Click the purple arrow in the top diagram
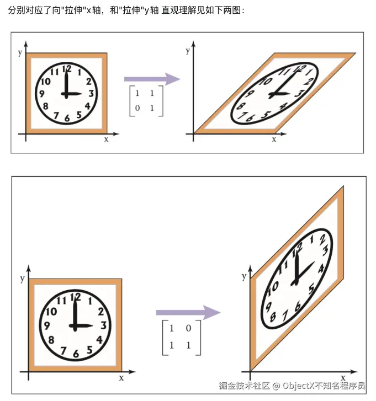[152, 79]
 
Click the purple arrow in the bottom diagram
[188, 312]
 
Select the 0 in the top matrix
[137, 108]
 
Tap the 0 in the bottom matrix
[188, 328]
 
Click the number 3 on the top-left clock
[91, 94]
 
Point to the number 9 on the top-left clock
[42, 94]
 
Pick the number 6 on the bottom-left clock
[76, 354]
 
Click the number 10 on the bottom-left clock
[51, 312]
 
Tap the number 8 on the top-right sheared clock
[241, 105]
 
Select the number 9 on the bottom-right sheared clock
[268, 307]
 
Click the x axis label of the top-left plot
[106, 140]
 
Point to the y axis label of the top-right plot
[188, 51]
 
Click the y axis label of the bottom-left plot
[23, 279]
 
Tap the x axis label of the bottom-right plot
[343, 377]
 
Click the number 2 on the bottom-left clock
[101, 312]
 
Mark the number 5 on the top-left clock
[79, 115]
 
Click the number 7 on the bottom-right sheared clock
[285, 316]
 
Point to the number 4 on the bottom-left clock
[99, 340]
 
